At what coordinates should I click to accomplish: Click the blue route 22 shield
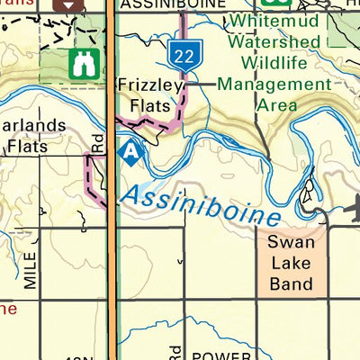click(x=185, y=55)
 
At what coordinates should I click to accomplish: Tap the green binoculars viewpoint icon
click(x=84, y=62)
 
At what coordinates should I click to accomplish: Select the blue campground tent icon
click(x=132, y=153)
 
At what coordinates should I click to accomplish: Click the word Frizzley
click(x=150, y=86)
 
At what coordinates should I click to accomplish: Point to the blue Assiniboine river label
click(x=202, y=204)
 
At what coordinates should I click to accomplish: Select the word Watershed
click(x=273, y=42)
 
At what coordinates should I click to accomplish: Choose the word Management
click(x=274, y=85)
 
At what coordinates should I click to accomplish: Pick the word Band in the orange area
click(x=292, y=283)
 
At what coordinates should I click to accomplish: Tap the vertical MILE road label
click(x=31, y=270)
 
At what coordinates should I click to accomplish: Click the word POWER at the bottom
click(x=215, y=354)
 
